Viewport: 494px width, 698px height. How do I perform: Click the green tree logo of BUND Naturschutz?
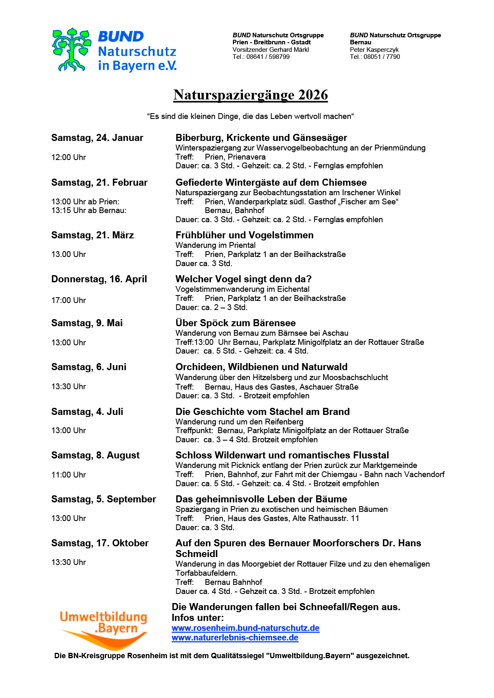(x=71, y=50)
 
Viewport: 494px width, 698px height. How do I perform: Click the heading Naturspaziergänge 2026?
(x=251, y=95)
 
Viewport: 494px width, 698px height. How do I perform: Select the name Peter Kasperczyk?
(x=374, y=50)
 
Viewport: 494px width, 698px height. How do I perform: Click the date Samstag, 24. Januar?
(x=97, y=138)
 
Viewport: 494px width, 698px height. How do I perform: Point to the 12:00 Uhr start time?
(x=68, y=158)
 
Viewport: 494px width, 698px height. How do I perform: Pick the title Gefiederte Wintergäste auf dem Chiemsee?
(x=271, y=183)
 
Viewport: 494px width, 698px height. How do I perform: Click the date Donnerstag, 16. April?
(x=99, y=279)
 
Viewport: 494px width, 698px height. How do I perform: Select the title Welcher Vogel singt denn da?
(x=243, y=279)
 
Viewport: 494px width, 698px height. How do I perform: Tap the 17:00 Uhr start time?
(x=68, y=301)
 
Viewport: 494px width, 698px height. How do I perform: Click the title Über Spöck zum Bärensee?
(x=236, y=323)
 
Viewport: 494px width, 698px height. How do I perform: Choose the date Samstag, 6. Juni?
(x=89, y=367)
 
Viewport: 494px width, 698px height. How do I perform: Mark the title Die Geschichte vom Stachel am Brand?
(x=263, y=412)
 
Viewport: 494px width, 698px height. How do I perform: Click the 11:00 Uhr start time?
(x=68, y=475)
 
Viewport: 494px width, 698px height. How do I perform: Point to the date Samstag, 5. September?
(x=104, y=499)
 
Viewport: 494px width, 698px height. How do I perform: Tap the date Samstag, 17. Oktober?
(x=100, y=543)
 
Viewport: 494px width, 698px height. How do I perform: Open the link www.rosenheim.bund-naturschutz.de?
(x=246, y=628)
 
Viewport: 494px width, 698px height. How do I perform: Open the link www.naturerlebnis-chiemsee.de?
(x=235, y=638)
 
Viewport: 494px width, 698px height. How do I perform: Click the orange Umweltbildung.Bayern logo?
(x=104, y=628)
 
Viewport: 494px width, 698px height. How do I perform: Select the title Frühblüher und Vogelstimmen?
(x=244, y=235)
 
